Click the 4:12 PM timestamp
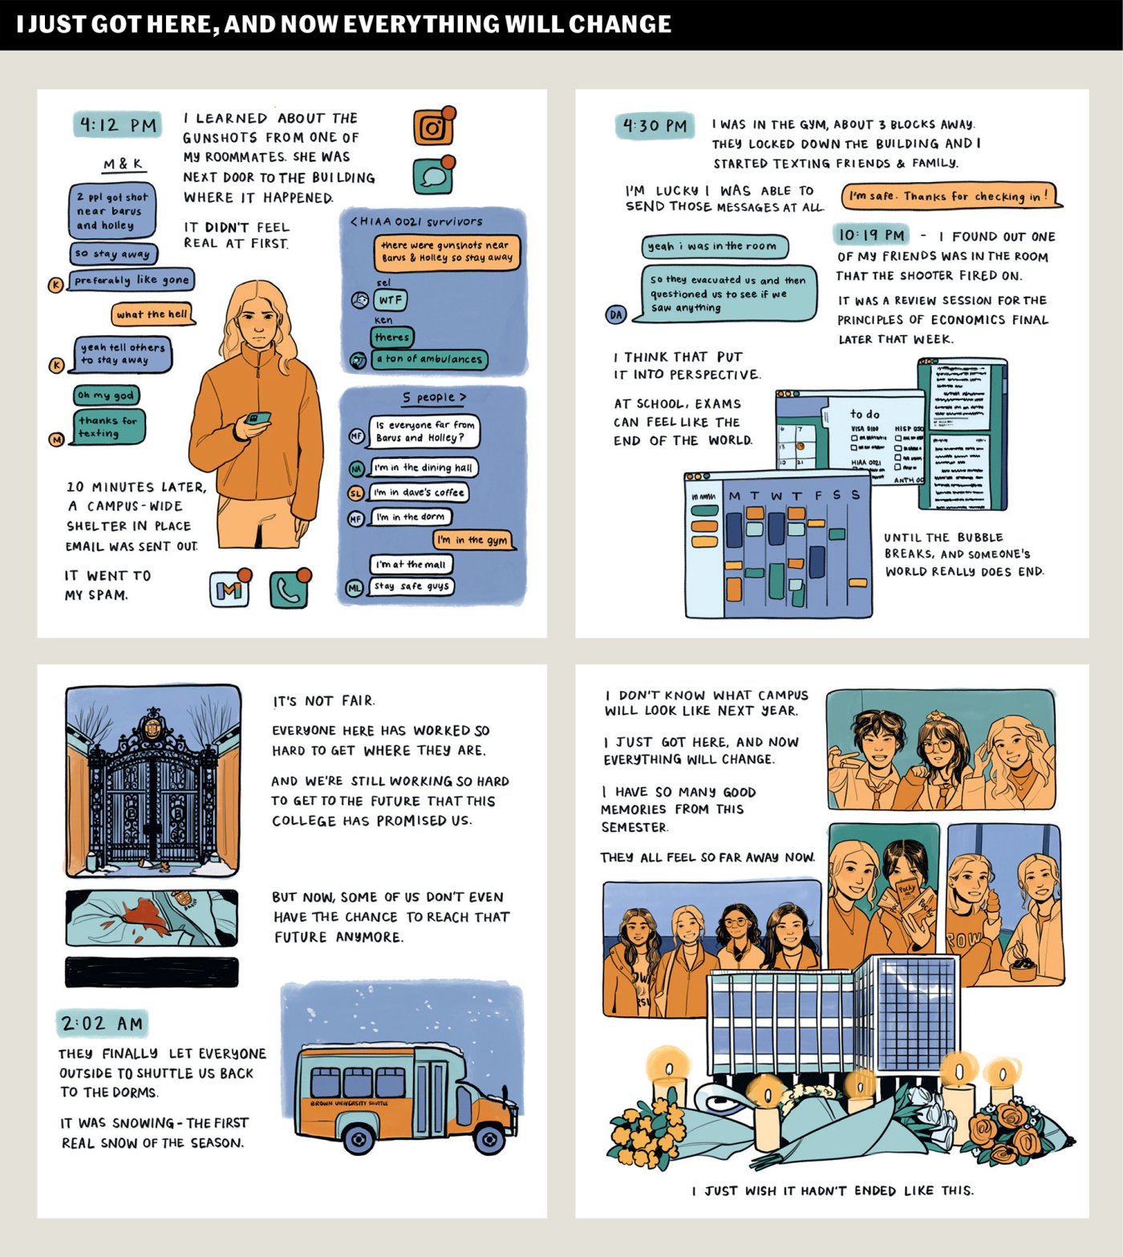pyautogui.click(x=118, y=124)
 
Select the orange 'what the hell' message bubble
pyautogui.click(x=152, y=314)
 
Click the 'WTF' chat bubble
pyautogui.click(x=391, y=300)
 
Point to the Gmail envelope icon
pyautogui.click(x=229, y=590)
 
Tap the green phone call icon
pyautogui.click(x=289, y=590)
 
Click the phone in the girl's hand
pyautogui.click(x=257, y=418)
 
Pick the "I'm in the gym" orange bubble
pyautogui.click(x=473, y=540)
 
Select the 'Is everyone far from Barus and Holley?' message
pyautogui.click(x=424, y=432)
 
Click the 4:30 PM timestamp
pyautogui.click(x=655, y=126)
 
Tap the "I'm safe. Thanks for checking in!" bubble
pyautogui.click(x=950, y=196)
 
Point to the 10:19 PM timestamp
pyautogui.click(x=871, y=235)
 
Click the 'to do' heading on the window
pyautogui.click(x=865, y=414)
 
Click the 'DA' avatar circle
pyautogui.click(x=616, y=314)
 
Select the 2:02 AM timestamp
pyautogui.click(x=103, y=1023)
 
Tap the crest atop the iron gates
pyautogui.click(x=152, y=727)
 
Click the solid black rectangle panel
pyautogui.click(x=152, y=971)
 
